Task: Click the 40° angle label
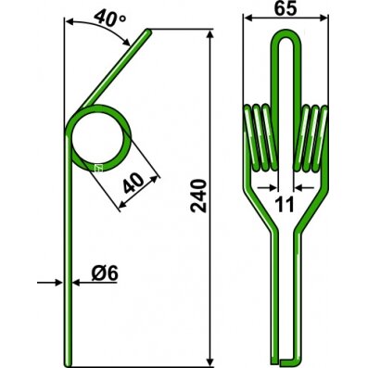tap(110, 18)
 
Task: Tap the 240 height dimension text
tap(198, 196)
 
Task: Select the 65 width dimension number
tap(285, 8)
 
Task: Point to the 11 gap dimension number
tap(285, 205)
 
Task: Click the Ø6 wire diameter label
tap(105, 273)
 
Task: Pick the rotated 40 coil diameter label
tap(133, 183)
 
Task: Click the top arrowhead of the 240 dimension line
tap(210, 34)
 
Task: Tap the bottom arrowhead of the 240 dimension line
tap(210, 361)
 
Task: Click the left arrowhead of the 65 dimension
tap(248, 19)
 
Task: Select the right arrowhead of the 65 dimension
tap(324, 19)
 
